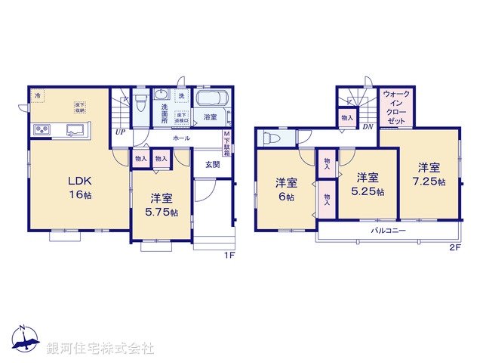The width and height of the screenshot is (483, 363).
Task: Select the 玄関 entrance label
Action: (212, 165)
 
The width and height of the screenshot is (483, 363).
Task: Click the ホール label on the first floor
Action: (181, 139)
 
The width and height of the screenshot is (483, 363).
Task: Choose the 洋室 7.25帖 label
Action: (428, 175)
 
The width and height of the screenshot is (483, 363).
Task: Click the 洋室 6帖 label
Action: (285, 188)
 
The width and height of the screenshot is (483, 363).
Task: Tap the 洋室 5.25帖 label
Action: (368, 184)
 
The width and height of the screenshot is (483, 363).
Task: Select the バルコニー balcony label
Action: (388, 229)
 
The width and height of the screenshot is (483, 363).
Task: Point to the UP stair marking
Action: (120, 132)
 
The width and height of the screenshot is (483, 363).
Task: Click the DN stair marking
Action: (367, 127)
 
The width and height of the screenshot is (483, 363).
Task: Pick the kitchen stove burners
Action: (41, 131)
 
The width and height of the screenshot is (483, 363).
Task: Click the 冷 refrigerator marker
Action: (38, 95)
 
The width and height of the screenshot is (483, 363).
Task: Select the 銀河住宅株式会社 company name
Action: (100, 349)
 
